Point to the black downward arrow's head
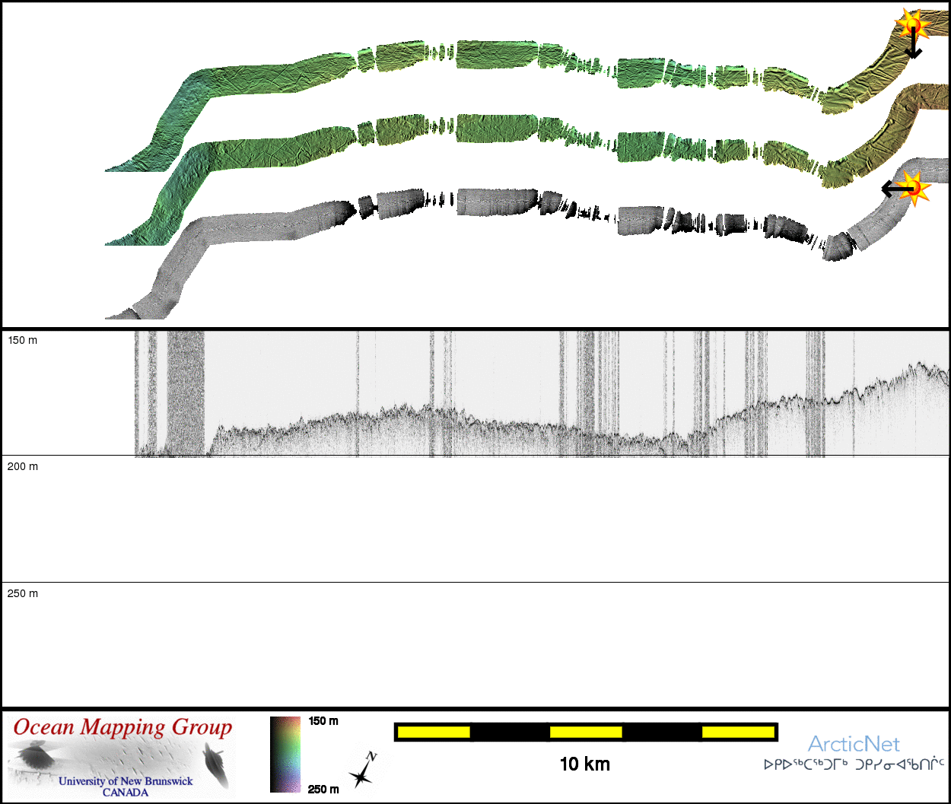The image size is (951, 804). pos(914,53)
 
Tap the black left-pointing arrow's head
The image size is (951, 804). pos(886,189)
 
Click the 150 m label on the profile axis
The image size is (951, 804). pos(23,340)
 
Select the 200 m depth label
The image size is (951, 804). pos(23,466)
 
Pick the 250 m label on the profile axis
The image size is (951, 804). pos(23,593)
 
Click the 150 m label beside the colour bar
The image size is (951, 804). pos(323,721)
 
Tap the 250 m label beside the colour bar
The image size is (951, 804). pos(323,790)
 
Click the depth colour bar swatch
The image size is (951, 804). pos(285,755)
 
